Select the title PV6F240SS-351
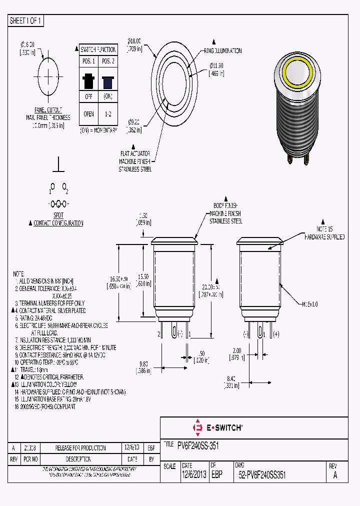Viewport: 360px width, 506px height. coord(198,445)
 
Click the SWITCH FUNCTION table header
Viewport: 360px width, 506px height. coord(98,49)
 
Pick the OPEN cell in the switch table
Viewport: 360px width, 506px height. coord(88,113)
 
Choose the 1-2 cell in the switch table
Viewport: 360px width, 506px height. coord(107,113)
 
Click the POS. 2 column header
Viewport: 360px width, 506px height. coord(107,61)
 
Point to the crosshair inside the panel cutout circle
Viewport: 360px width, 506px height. coord(48,76)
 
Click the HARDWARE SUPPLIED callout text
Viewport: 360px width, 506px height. coord(325,236)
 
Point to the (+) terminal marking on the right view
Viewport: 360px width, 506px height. coord(275,333)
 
